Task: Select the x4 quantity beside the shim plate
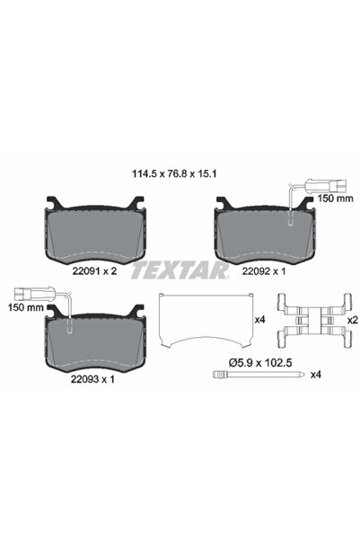[x=259, y=319]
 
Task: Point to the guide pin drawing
[x=242, y=375]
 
